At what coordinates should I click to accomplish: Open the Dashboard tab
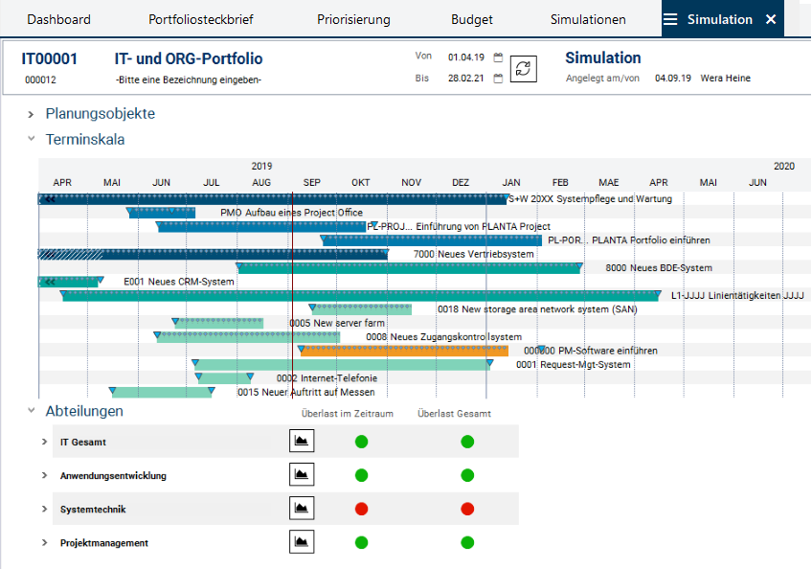click(x=58, y=19)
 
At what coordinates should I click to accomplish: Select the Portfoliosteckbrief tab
click(x=200, y=19)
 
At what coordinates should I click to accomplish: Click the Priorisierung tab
click(x=353, y=19)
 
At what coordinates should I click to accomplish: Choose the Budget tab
click(x=472, y=19)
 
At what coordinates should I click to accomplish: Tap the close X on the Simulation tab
click(x=771, y=19)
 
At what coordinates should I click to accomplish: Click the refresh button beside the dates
click(x=523, y=68)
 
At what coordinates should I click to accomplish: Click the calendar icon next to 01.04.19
click(x=498, y=57)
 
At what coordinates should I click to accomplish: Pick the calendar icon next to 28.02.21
click(x=498, y=79)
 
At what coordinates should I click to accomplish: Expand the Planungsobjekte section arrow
click(x=32, y=114)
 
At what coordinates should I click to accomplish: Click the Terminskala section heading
click(x=84, y=140)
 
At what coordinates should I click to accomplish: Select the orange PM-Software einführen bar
click(x=403, y=351)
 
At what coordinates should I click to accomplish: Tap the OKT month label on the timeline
click(x=361, y=182)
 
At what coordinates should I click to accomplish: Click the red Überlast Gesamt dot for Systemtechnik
click(x=467, y=509)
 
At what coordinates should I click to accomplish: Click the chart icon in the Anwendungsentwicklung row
click(x=302, y=475)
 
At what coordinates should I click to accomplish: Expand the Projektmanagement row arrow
click(x=44, y=543)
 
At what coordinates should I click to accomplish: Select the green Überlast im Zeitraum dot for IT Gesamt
click(x=361, y=442)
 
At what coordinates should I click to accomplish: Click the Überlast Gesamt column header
click(x=455, y=414)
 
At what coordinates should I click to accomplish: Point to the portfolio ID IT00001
click(x=50, y=59)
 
